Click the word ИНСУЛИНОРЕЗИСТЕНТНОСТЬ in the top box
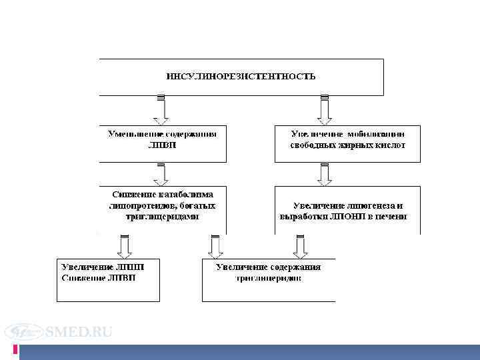241,76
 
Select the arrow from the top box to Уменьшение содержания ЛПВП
161,110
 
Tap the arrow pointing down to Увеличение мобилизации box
325,110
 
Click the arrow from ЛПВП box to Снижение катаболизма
161,173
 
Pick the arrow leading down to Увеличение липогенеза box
325,173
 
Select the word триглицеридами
162,217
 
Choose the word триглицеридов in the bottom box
268,278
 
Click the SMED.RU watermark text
79,332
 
